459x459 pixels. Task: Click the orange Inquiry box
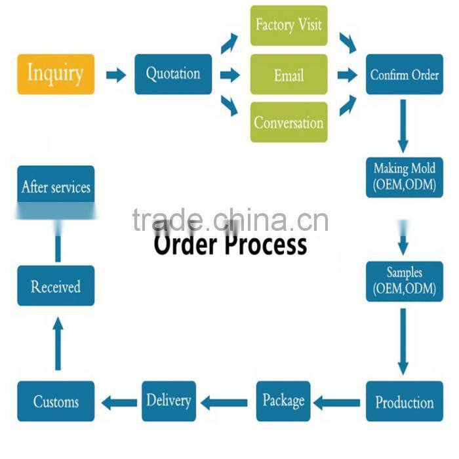pos(56,73)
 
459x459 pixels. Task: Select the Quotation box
pos(173,74)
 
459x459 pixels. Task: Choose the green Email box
pos(289,75)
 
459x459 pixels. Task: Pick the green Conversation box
pos(289,123)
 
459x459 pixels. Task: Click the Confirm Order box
pos(404,74)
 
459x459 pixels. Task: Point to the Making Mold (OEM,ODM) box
pos(404,176)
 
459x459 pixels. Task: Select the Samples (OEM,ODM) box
pos(404,280)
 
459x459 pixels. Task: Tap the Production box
pos(404,401)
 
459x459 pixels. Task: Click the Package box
pos(283,401)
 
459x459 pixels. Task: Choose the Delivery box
pos(169,401)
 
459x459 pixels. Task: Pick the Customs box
pos(56,401)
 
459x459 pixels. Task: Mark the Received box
pos(56,287)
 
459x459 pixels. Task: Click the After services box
pos(56,187)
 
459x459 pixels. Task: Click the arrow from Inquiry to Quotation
pos(116,75)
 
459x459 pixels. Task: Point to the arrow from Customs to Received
pos(58,342)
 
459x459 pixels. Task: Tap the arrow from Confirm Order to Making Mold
pos(403,127)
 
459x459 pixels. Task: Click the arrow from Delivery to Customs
pos(119,401)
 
